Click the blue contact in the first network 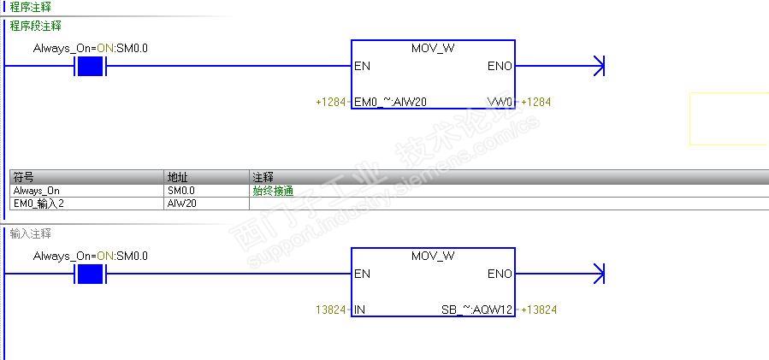(90, 66)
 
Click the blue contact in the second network (90, 274)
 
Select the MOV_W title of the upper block (433, 48)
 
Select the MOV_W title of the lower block (433, 256)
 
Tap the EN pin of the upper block (362, 66)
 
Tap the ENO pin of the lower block (500, 274)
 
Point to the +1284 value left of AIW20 (331, 102)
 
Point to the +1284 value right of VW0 (535, 102)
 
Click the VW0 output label (500, 102)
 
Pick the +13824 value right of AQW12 (538, 310)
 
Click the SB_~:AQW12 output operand (476, 310)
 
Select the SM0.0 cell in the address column (181, 191)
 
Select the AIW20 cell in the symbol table (180, 203)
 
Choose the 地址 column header (177, 177)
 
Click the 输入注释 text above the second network (31, 233)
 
